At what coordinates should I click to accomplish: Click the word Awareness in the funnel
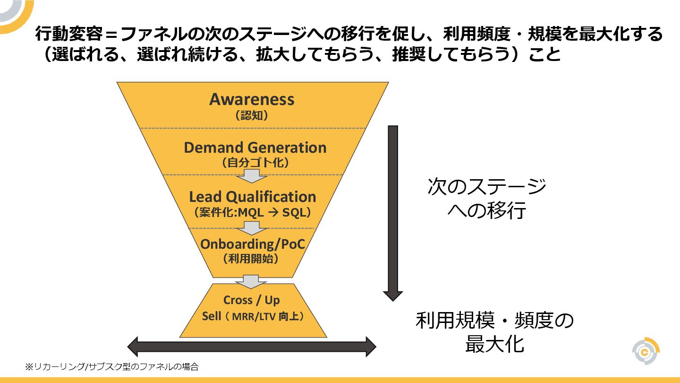[x=252, y=100]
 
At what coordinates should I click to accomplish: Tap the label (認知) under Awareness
[x=252, y=116]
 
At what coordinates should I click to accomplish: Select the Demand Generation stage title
[x=255, y=148]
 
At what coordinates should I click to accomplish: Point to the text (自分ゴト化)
[x=255, y=163]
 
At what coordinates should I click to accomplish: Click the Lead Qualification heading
[x=252, y=197]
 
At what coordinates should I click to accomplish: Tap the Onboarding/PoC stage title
[x=252, y=244]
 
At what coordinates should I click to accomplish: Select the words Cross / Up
[x=251, y=300]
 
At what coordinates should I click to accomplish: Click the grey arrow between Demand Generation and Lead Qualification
[x=252, y=176]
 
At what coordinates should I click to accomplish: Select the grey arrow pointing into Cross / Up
[x=251, y=281]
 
